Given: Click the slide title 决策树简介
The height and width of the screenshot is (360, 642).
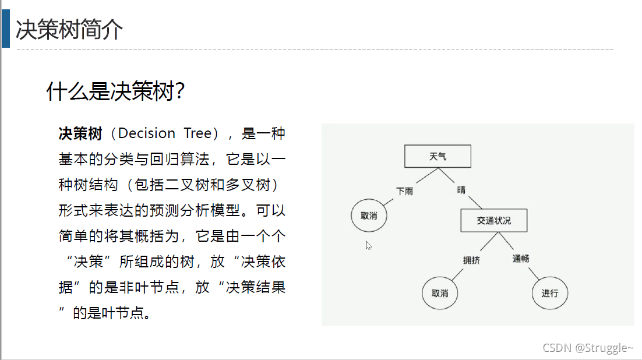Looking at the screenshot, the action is point(69,29).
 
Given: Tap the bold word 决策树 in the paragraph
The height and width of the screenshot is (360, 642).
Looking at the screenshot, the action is point(80,133).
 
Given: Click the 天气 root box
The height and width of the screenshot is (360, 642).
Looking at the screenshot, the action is point(438,157).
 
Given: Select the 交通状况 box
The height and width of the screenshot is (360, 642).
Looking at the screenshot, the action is point(493,221).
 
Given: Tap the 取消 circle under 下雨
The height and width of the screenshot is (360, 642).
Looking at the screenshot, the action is point(369,216).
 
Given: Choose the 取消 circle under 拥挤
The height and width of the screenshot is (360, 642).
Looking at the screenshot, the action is point(440,292).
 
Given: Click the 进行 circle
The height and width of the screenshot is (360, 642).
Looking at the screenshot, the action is point(549,292).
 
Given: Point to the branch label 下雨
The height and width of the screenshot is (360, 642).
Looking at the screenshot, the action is point(404,191).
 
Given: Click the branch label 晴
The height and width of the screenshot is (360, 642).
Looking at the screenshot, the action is point(461,190).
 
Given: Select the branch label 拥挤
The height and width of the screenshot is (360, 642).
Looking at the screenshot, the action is point(471,260).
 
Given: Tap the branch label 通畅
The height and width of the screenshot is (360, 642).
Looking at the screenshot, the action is point(521,258).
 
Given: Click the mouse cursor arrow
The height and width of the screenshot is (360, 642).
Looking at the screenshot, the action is point(368,245).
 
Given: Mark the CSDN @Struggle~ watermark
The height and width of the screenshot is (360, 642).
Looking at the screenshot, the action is point(588,348).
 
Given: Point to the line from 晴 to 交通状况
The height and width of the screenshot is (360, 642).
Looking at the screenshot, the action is point(475,202).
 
